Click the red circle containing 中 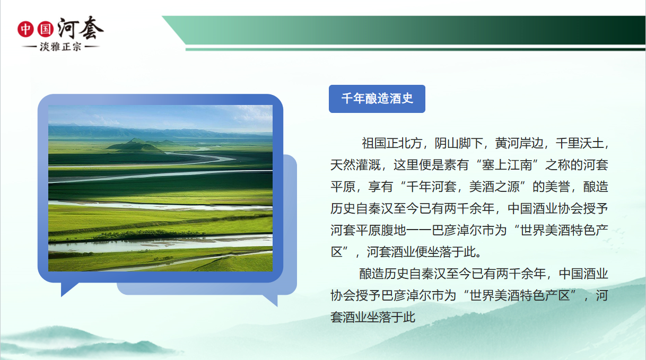click(x=25, y=29)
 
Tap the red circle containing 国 click(x=45, y=29)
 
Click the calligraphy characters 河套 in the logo click(x=80, y=28)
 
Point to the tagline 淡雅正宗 click(x=60, y=47)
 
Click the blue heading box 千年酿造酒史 click(x=377, y=99)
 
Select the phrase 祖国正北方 click(x=392, y=143)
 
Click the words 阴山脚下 click(x=459, y=143)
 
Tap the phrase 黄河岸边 click(x=519, y=143)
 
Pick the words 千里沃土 click(x=580, y=143)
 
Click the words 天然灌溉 click(x=355, y=165)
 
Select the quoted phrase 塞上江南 click(x=507, y=165)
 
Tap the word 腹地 click(x=394, y=230)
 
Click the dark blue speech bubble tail click(x=68, y=288)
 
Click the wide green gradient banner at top click(x=404, y=30)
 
